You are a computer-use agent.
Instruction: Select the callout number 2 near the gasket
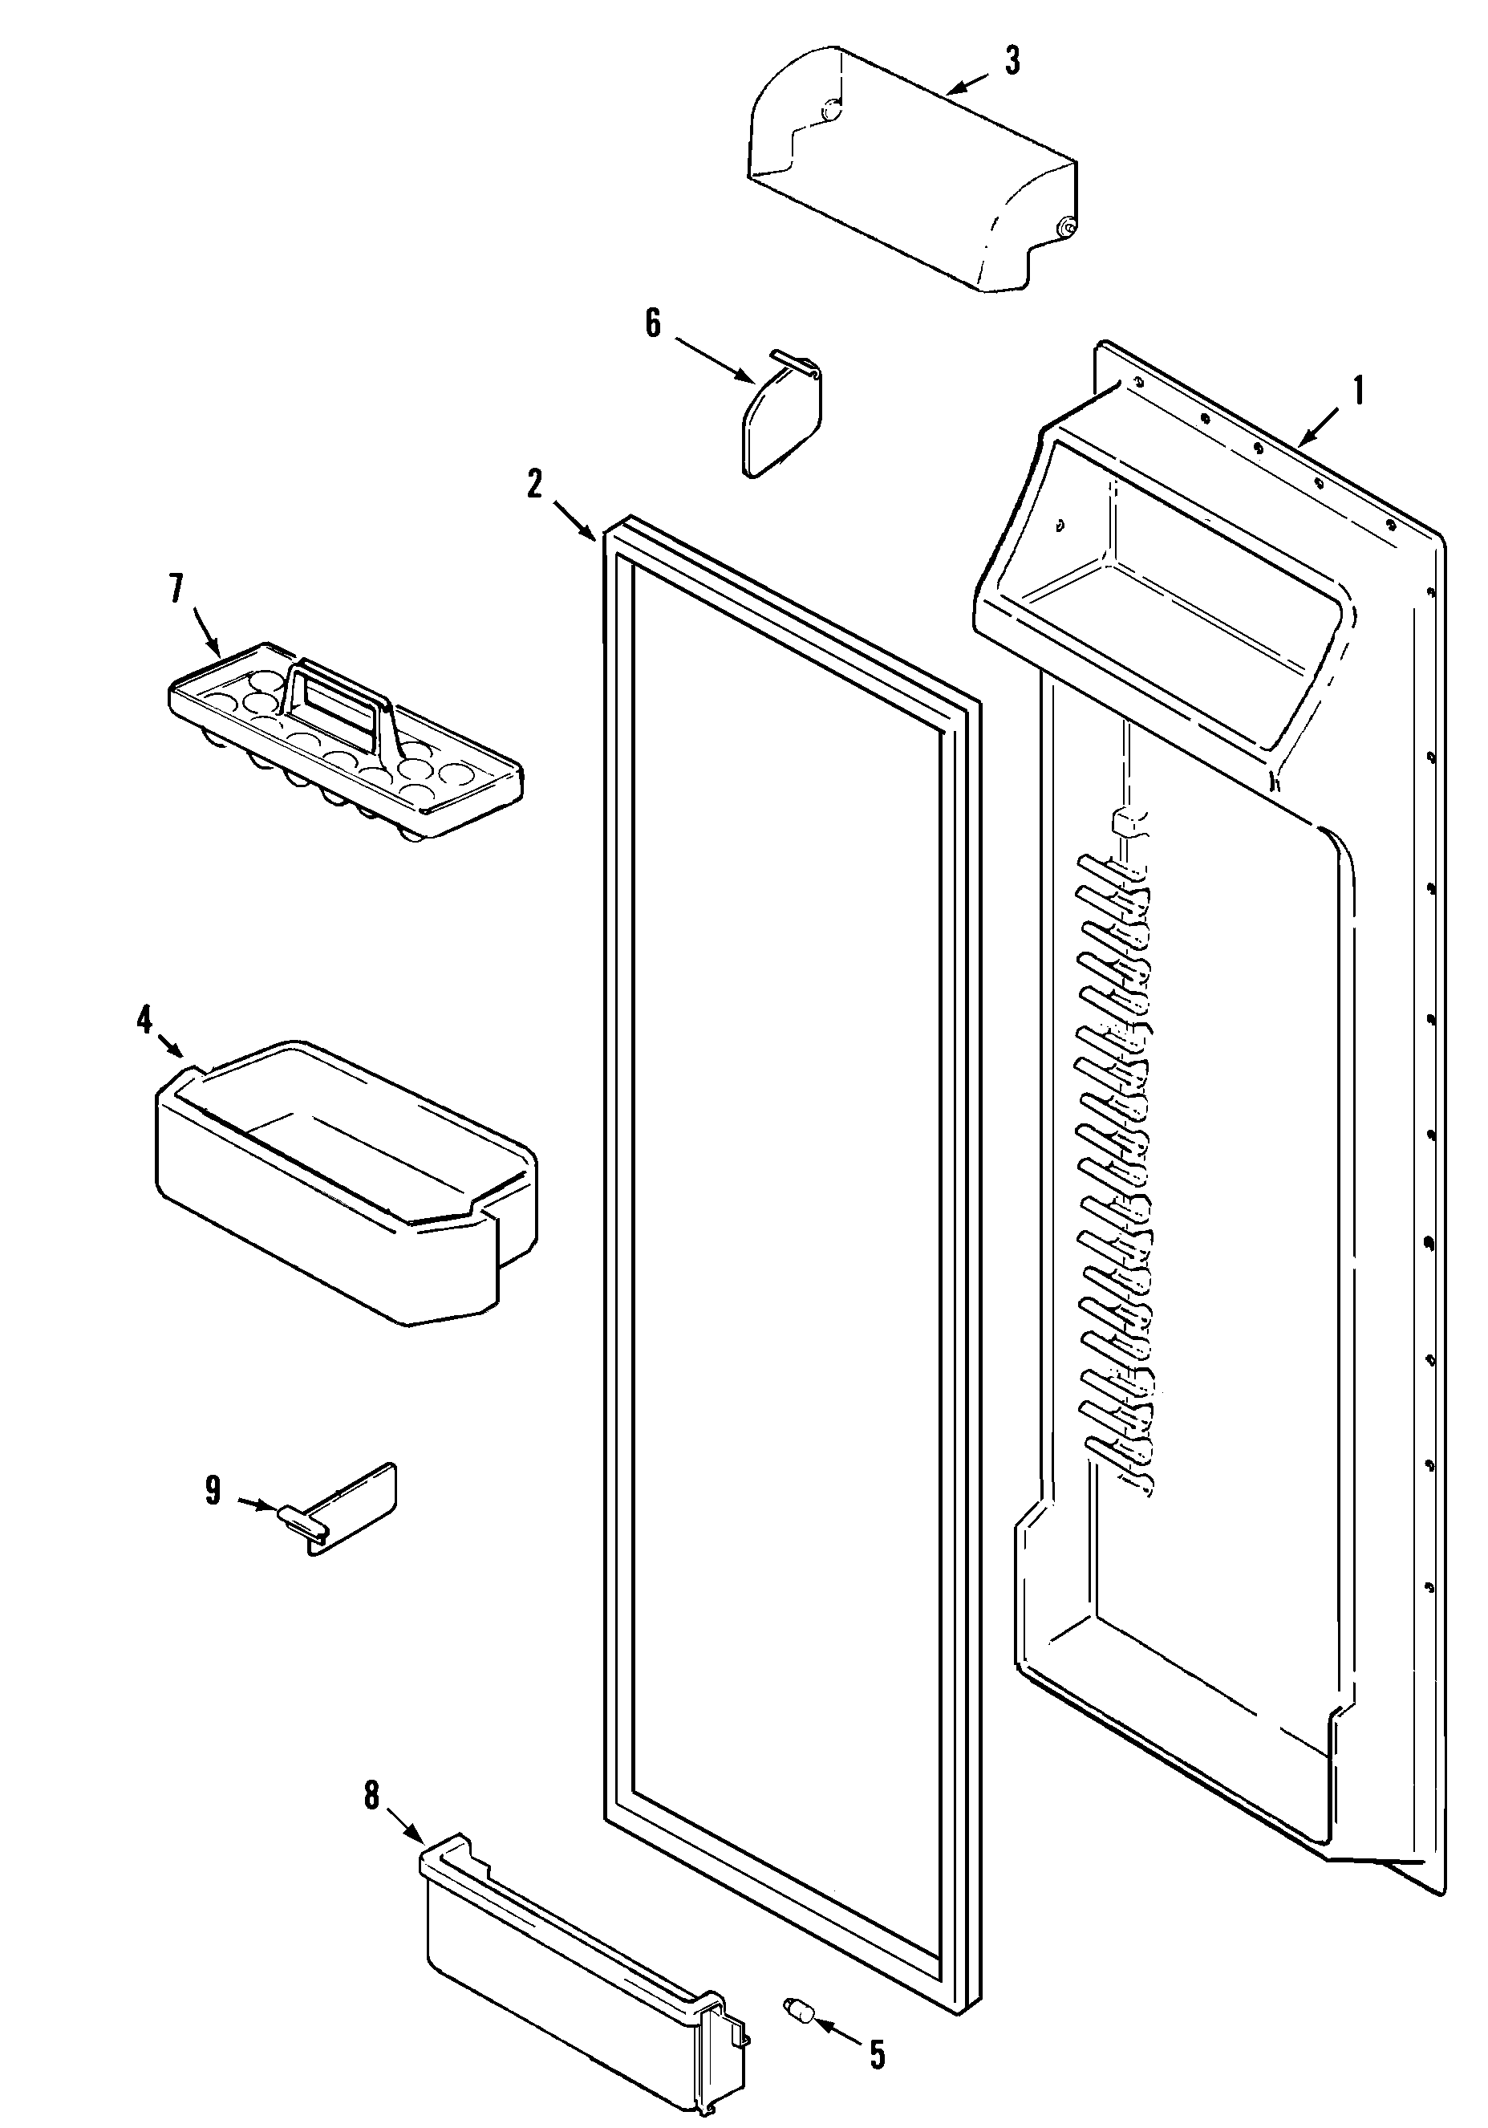[534, 484]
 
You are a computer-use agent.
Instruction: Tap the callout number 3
[1012, 62]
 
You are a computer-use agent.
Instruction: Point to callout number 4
[144, 1021]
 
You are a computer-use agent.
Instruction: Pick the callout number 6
[653, 323]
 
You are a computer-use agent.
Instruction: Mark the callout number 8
[371, 1796]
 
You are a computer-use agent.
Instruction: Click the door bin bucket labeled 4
[343, 1186]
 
